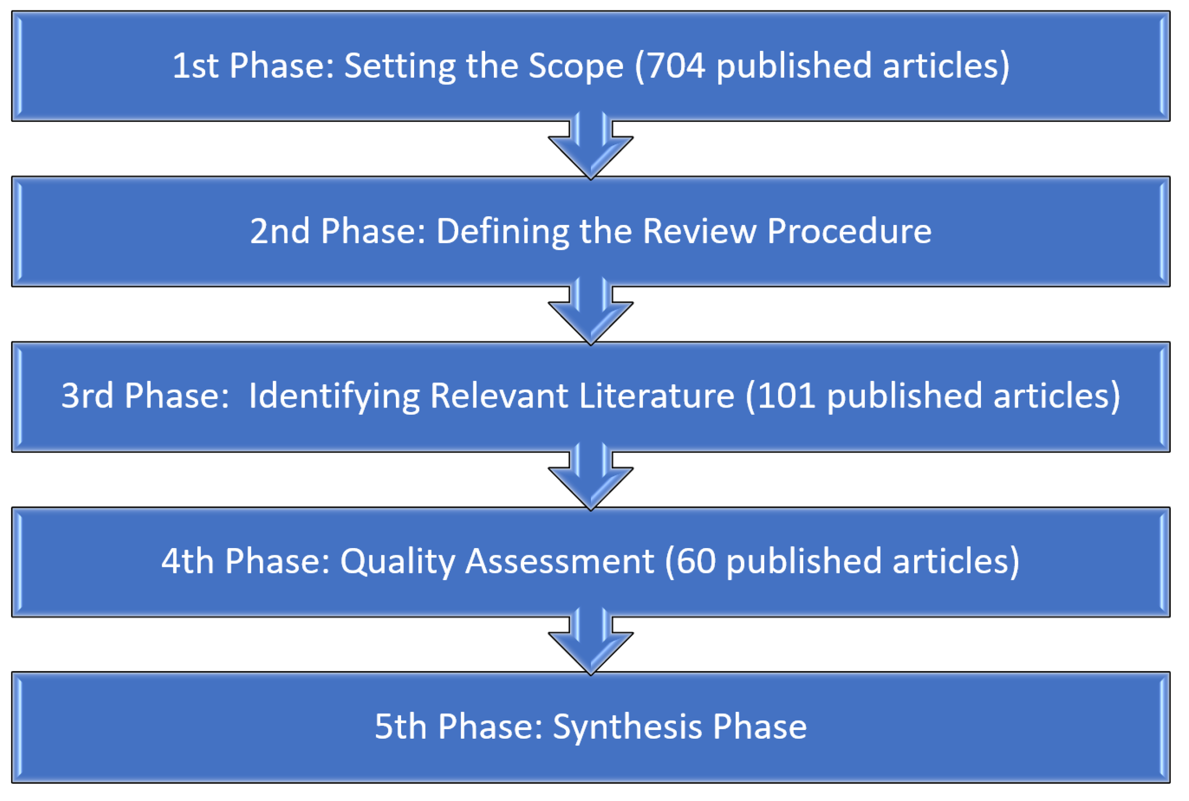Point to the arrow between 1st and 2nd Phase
click(591, 148)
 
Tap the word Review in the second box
click(699, 231)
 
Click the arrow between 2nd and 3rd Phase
click(591, 314)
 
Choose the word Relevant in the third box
click(498, 396)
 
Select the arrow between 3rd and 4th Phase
click(591, 479)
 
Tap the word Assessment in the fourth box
click(559, 561)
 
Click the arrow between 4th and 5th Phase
click(591, 644)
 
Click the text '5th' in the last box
click(401, 726)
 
